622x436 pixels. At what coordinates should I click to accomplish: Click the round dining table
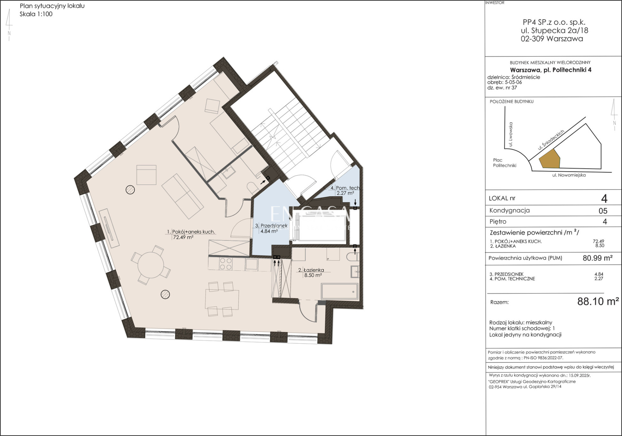(151, 265)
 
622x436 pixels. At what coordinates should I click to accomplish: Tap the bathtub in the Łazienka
(339, 292)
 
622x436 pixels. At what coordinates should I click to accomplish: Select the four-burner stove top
(226, 264)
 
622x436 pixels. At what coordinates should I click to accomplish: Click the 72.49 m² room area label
(183, 237)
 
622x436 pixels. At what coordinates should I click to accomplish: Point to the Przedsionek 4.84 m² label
(271, 229)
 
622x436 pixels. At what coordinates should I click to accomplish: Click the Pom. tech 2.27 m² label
(345, 191)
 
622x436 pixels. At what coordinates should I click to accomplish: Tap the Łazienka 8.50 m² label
(311, 273)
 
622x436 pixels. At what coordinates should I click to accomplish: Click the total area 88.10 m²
(598, 301)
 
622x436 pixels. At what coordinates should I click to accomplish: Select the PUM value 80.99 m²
(597, 258)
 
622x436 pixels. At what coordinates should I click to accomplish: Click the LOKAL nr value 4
(604, 199)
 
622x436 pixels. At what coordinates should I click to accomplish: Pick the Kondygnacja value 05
(603, 211)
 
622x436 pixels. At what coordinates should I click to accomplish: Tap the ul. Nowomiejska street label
(569, 175)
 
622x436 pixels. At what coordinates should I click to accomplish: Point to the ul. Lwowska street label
(510, 134)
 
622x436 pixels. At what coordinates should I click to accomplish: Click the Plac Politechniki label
(505, 163)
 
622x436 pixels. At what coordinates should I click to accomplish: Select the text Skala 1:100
(36, 14)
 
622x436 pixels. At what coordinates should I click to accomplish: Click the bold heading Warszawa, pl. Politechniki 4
(551, 70)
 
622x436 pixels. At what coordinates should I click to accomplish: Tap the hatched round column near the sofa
(130, 190)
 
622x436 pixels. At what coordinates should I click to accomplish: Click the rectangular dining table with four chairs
(222, 300)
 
